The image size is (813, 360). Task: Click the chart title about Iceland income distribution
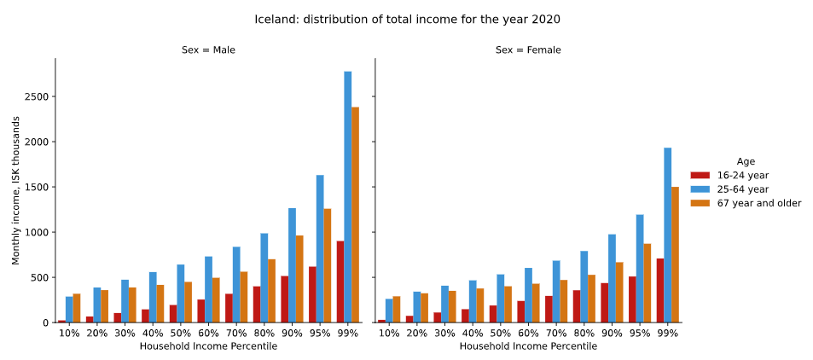click(407, 19)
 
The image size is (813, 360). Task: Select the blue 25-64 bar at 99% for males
click(348, 197)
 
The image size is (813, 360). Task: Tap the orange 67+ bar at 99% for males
click(356, 214)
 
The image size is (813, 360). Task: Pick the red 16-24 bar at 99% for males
click(340, 282)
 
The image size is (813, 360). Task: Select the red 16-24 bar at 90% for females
click(605, 303)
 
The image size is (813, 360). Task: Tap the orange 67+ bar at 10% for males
click(77, 308)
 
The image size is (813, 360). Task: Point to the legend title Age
click(746, 161)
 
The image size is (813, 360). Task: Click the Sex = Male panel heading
click(208, 50)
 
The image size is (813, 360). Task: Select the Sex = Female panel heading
click(528, 50)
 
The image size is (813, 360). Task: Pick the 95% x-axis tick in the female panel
click(640, 334)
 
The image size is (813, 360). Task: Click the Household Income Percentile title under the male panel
click(208, 346)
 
